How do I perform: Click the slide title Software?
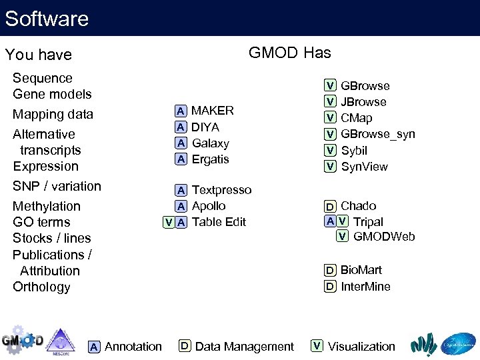pos(47,18)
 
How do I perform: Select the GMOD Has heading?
pos(289,53)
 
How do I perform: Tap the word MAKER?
pos(213,111)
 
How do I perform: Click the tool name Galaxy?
pos(210,143)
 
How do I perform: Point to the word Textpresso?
pos(221,190)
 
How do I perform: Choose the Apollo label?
pos(209,206)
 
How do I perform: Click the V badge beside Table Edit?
pos(169,223)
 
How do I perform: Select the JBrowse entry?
pos(363,102)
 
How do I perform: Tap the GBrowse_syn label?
pos(377,134)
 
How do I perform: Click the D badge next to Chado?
pos(330,207)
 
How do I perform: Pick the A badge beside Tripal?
pos(330,221)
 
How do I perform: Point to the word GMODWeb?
pos(384,237)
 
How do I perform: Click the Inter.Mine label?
pos(365,287)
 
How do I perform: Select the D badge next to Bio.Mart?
pos(330,271)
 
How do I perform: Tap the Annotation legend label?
pos(133,347)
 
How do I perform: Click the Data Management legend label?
pos(244,347)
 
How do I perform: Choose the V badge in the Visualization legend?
pos(317,346)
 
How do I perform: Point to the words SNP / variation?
pos(57,186)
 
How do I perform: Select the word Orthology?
pos(41,287)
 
